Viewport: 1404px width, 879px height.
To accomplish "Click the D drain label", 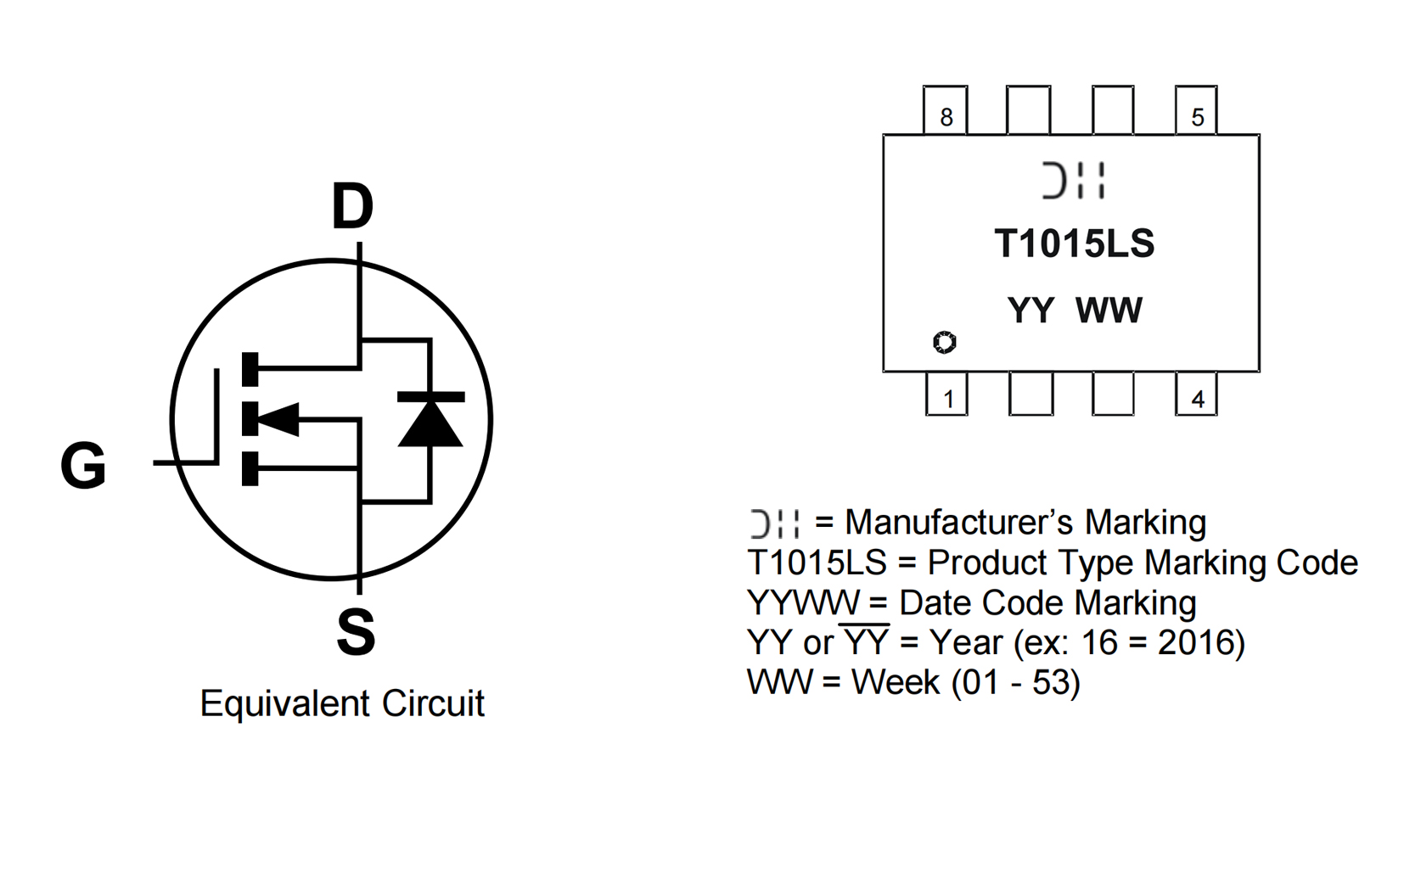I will (352, 206).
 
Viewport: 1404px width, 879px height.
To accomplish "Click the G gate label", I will (83, 465).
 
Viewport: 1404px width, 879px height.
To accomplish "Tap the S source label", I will (356, 632).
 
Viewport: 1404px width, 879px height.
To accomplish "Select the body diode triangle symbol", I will (430, 421).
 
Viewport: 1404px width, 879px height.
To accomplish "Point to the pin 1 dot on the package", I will (944, 342).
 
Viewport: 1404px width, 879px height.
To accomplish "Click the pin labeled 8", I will (946, 111).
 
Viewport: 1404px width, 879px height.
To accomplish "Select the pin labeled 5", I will (1196, 111).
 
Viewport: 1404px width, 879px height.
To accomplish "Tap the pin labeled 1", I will (947, 395).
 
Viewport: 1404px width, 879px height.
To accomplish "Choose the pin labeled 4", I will (1196, 395).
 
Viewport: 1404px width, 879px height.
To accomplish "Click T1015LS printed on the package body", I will (1074, 244).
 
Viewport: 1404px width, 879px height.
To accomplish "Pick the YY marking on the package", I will (1031, 311).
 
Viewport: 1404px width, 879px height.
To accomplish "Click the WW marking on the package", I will (1109, 311).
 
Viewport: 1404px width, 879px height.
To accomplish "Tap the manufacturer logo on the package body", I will (1074, 181).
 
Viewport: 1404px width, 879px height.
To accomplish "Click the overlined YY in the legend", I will (865, 642).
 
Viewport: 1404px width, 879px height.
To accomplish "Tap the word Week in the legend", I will (896, 682).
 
